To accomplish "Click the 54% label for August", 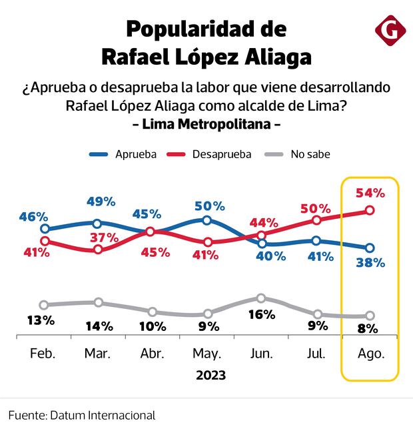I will [x=370, y=193].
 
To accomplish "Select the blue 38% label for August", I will [x=370, y=262].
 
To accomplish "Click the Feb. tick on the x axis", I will [x=43, y=354].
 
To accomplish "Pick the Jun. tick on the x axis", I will [x=261, y=354].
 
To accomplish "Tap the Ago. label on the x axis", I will [x=370, y=354].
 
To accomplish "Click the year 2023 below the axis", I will [x=210, y=375].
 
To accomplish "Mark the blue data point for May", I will [x=206, y=220].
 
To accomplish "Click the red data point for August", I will [x=370, y=211].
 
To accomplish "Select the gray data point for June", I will [x=261, y=298].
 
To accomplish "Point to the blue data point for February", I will [x=45, y=229].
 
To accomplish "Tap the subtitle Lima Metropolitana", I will [x=206, y=124].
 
